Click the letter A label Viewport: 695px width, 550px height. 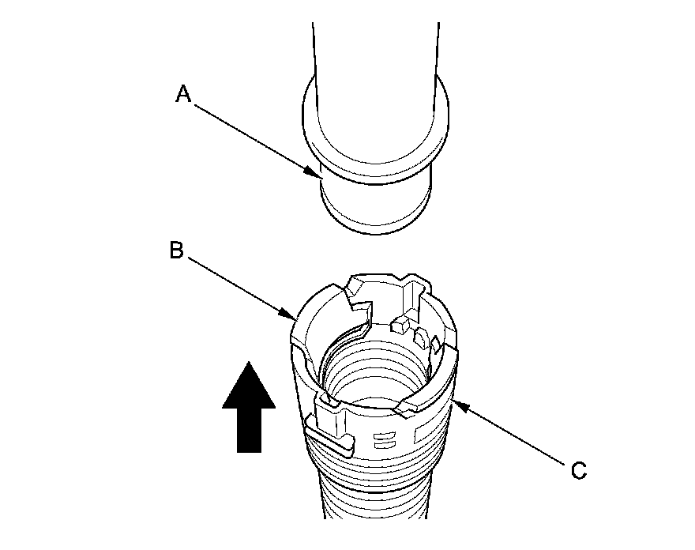point(183,95)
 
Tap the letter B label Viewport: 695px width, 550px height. point(177,251)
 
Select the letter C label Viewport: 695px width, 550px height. point(579,471)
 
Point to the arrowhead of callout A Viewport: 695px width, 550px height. point(316,172)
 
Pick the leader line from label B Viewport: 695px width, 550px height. point(237,287)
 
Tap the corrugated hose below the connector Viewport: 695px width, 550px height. point(371,498)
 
